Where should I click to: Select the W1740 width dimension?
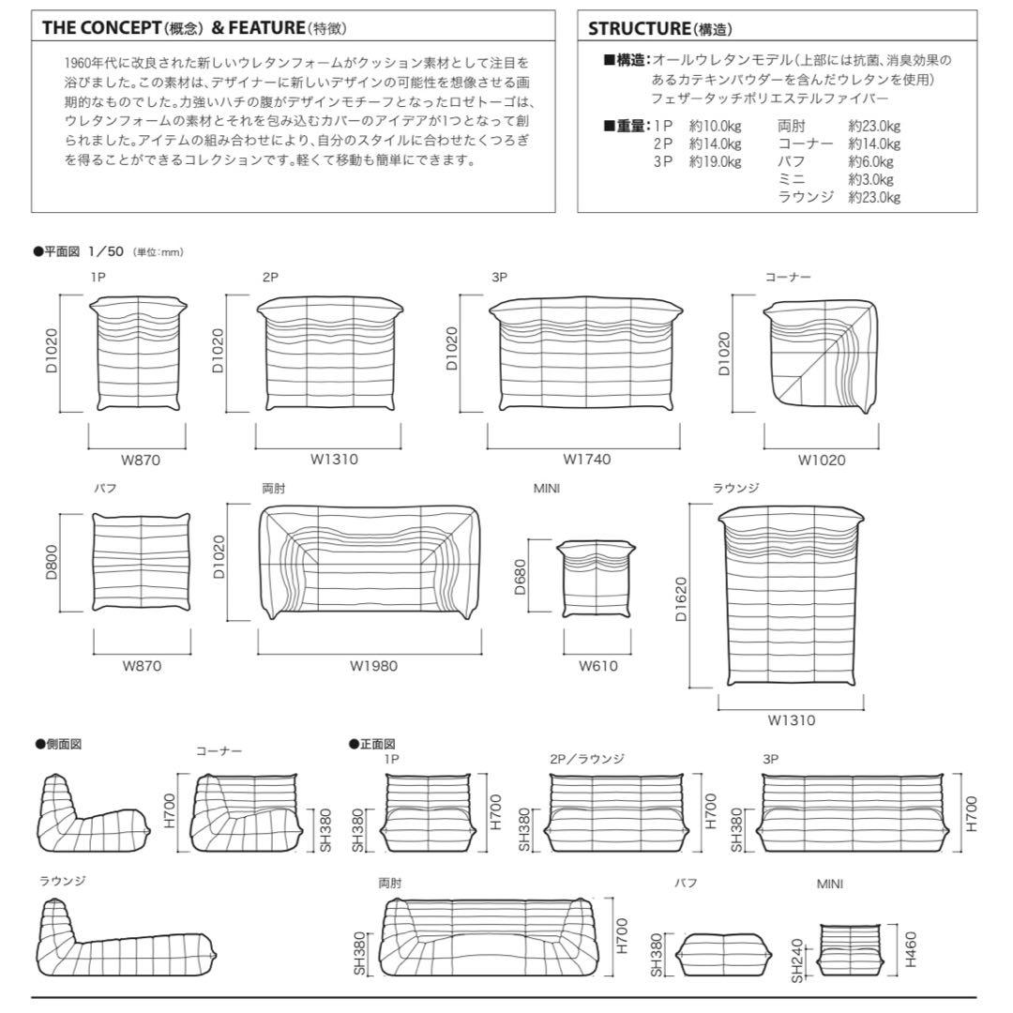(x=587, y=461)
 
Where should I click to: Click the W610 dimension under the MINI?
(x=597, y=666)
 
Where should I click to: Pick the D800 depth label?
(x=52, y=562)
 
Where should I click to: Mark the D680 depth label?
(x=520, y=579)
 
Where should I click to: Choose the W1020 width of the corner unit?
(x=821, y=461)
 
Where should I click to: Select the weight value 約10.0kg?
(x=715, y=126)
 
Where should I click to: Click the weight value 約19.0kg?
(x=715, y=161)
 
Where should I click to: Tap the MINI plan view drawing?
(x=597, y=578)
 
